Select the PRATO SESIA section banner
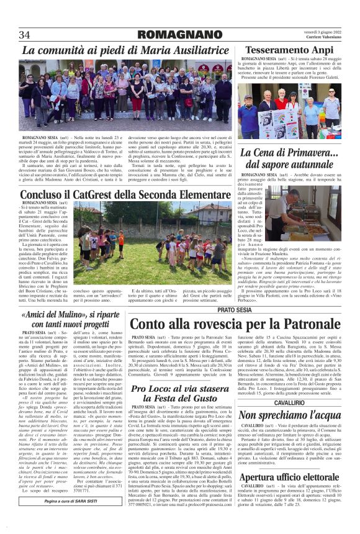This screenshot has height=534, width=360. [x=235, y=309]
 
